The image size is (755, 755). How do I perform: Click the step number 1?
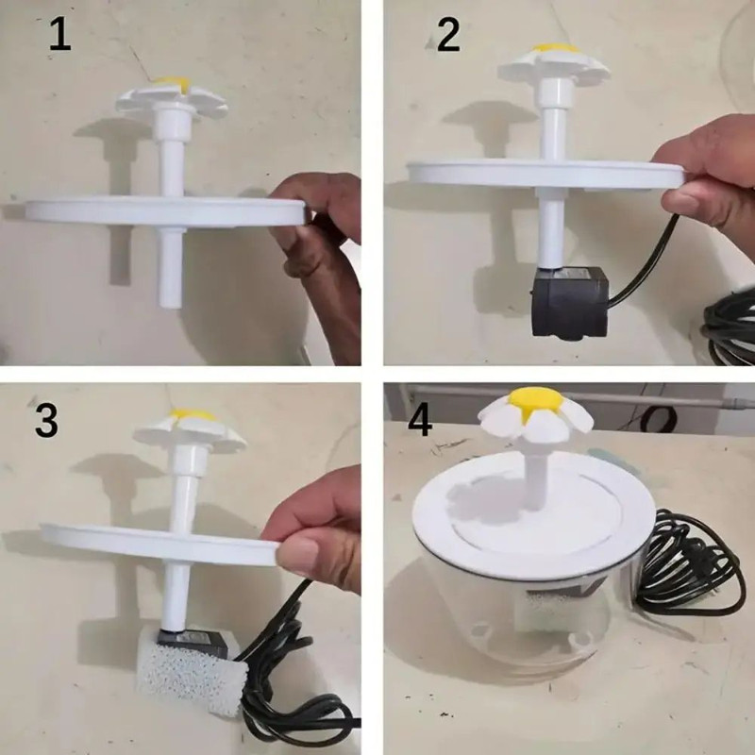click(59, 35)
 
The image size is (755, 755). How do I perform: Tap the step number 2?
click(448, 35)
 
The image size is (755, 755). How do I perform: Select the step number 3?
click(46, 420)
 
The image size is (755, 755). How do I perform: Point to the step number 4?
click(420, 420)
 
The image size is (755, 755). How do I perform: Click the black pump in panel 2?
click(567, 301)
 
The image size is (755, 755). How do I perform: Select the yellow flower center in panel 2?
click(555, 47)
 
